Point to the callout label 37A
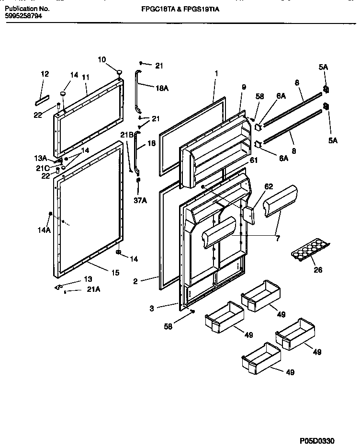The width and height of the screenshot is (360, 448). [x=140, y=200]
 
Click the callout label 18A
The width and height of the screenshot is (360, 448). [x=162, y=88]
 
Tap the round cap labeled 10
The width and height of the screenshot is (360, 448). [x=117, y=71]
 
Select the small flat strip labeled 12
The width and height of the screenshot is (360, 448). [x=42, y=101]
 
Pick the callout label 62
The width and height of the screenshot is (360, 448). [x=269, y=186]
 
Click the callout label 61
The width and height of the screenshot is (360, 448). [x=253, y=161]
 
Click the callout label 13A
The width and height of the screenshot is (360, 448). [x=41, y=158]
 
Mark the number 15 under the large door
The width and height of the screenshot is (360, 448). [x=115, y=273]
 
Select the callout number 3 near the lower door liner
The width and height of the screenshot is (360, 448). [x=152, y=309]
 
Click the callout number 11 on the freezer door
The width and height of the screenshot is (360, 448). [x=86, y=77]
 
